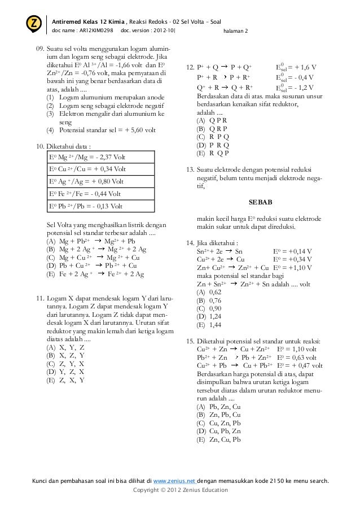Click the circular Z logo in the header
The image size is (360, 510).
coord(34,24)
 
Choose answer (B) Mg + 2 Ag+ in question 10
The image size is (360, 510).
coord(96,249)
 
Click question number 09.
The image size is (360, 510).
coord(39,55)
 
